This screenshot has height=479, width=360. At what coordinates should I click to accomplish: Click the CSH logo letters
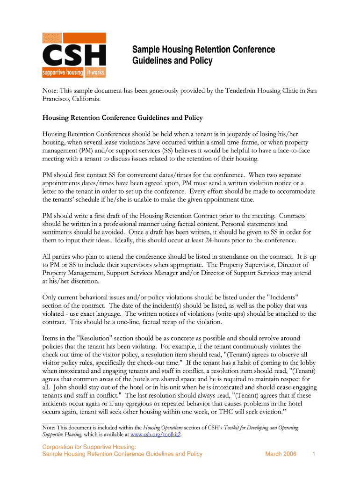tap(74, 56)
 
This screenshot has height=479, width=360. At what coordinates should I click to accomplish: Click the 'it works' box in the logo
tap(95, 73)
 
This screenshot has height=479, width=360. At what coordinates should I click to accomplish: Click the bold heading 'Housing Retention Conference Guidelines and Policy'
tap(122, 118)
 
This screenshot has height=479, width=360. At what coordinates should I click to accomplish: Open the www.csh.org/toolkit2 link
tap(155, 435)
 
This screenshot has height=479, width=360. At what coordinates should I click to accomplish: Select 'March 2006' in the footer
tap(281, 454)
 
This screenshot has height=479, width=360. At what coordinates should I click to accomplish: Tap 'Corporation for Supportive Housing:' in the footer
tap(89, 447)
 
